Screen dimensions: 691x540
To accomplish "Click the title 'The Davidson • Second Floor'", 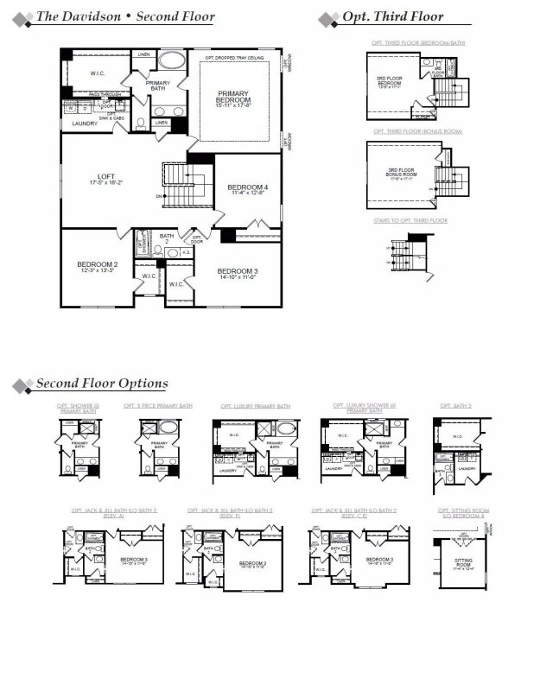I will (x=125, y=16).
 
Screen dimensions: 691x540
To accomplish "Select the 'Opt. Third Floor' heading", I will (x=392, y=16).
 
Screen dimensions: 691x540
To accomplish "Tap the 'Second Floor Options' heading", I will (x=101, y=384).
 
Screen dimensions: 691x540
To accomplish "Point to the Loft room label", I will (x=106, y=179).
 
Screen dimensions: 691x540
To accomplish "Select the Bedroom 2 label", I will (x=97, y=266).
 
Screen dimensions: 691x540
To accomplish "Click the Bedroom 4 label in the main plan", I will (x=247, y=190).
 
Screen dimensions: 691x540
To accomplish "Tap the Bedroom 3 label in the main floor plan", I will (x=238, y=274).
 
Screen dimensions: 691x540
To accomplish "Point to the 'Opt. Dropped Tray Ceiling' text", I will (x=234, y=59).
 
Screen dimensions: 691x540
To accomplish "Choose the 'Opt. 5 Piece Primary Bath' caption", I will (x=158, y=405).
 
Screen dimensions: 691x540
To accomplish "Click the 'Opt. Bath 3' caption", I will (x=457, y=405).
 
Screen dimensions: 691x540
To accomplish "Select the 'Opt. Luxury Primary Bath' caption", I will (x=255, y=406).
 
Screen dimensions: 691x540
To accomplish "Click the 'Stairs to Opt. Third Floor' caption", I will (x=410, y=221).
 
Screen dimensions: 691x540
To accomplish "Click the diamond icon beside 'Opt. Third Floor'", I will (x=327, y=18).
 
